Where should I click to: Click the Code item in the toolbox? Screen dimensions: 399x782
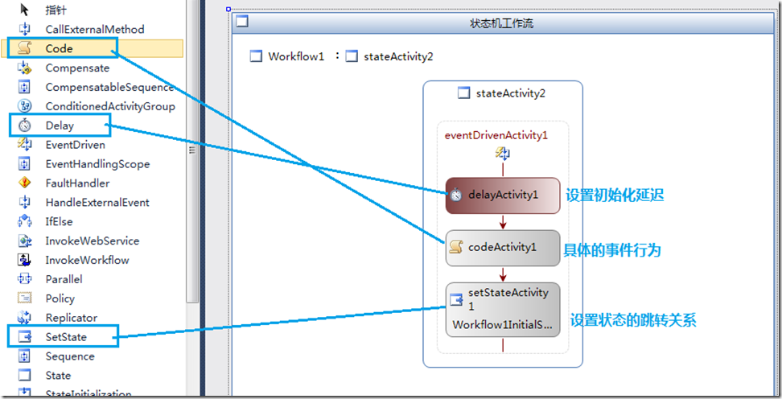(59, 48)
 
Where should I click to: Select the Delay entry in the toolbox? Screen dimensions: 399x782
(59, 125)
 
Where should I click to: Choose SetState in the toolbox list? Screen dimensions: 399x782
(65, 337)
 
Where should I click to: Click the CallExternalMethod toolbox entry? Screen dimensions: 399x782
(94, 29)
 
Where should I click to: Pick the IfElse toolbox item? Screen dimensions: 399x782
(60, 221)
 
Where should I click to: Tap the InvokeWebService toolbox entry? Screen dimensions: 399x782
(92, 241)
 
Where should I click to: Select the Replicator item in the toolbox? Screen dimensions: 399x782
(71, 318)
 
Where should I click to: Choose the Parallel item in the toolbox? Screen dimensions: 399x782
(64, 279)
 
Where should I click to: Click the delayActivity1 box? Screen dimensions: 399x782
(502, 195)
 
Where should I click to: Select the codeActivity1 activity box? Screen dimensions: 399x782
(502, 248)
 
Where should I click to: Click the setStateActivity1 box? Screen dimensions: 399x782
(502, 309)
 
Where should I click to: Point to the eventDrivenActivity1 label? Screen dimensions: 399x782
(496, 135)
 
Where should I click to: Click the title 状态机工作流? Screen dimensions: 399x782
(501, 23)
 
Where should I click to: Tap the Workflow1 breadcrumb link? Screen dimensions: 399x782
(295, 56)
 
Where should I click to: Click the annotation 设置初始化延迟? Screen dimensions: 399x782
(615, 195)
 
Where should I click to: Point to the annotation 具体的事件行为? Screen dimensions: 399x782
(613, 250)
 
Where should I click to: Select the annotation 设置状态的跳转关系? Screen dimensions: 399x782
(632, 320)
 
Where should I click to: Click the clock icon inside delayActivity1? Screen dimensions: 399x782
(456, 195)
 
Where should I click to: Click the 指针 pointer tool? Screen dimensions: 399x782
(56, 10)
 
